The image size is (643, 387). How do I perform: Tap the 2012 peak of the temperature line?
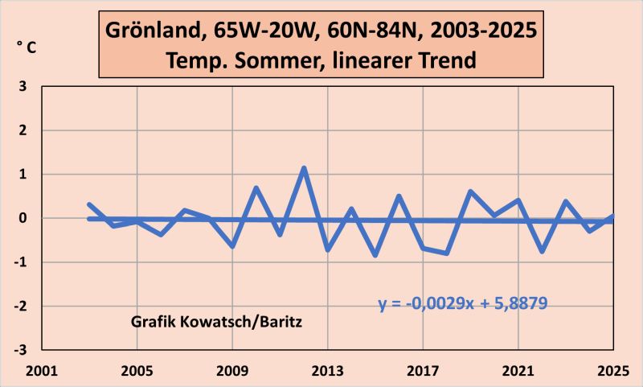tap(304, 168)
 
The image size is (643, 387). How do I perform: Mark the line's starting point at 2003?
tap(89, 204)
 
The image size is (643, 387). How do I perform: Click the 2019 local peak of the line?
tap(470, 191)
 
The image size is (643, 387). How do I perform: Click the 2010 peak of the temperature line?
tap(256, 188)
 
